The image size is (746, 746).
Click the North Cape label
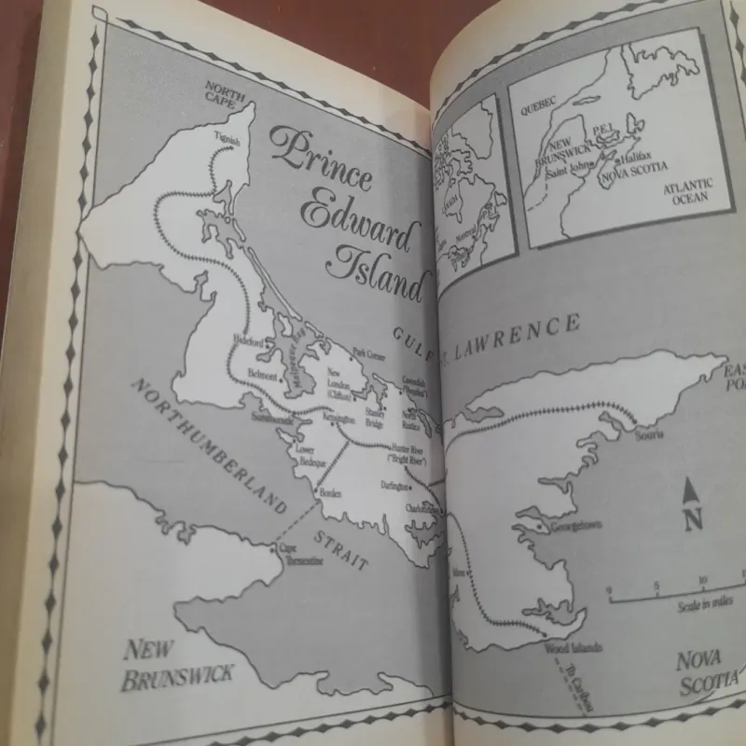[224, 95]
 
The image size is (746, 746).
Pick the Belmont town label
[261, 375]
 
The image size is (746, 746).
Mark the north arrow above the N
[692, 489]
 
